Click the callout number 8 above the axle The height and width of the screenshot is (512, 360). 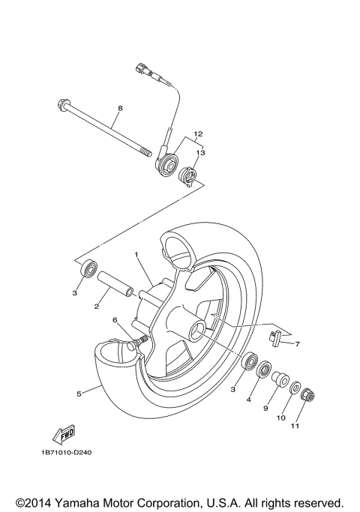pos(118,109)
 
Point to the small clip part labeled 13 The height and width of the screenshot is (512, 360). pos(189,178)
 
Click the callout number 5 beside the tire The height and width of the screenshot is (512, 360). pos(79,391)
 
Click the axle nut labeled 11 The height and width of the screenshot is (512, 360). pos(307,395)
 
